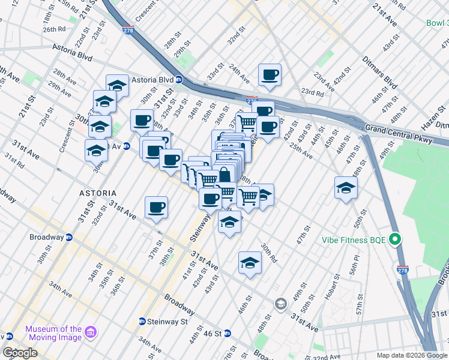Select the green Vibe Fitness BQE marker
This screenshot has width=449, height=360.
tap(394, 240)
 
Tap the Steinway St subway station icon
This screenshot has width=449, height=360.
tap(142, 322)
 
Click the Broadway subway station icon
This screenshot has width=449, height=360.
tap(69, 237)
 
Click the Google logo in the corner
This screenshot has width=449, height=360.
tap(20, 353)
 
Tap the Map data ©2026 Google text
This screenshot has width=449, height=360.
tap(411, 355)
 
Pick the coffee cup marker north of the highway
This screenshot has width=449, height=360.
tap(270, 75)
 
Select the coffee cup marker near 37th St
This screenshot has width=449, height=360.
tap(156, 208)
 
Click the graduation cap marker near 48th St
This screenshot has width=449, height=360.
tap(346, 188)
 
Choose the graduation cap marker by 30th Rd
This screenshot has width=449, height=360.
tap(250, 262)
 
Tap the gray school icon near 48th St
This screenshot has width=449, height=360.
tap(280, 305)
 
